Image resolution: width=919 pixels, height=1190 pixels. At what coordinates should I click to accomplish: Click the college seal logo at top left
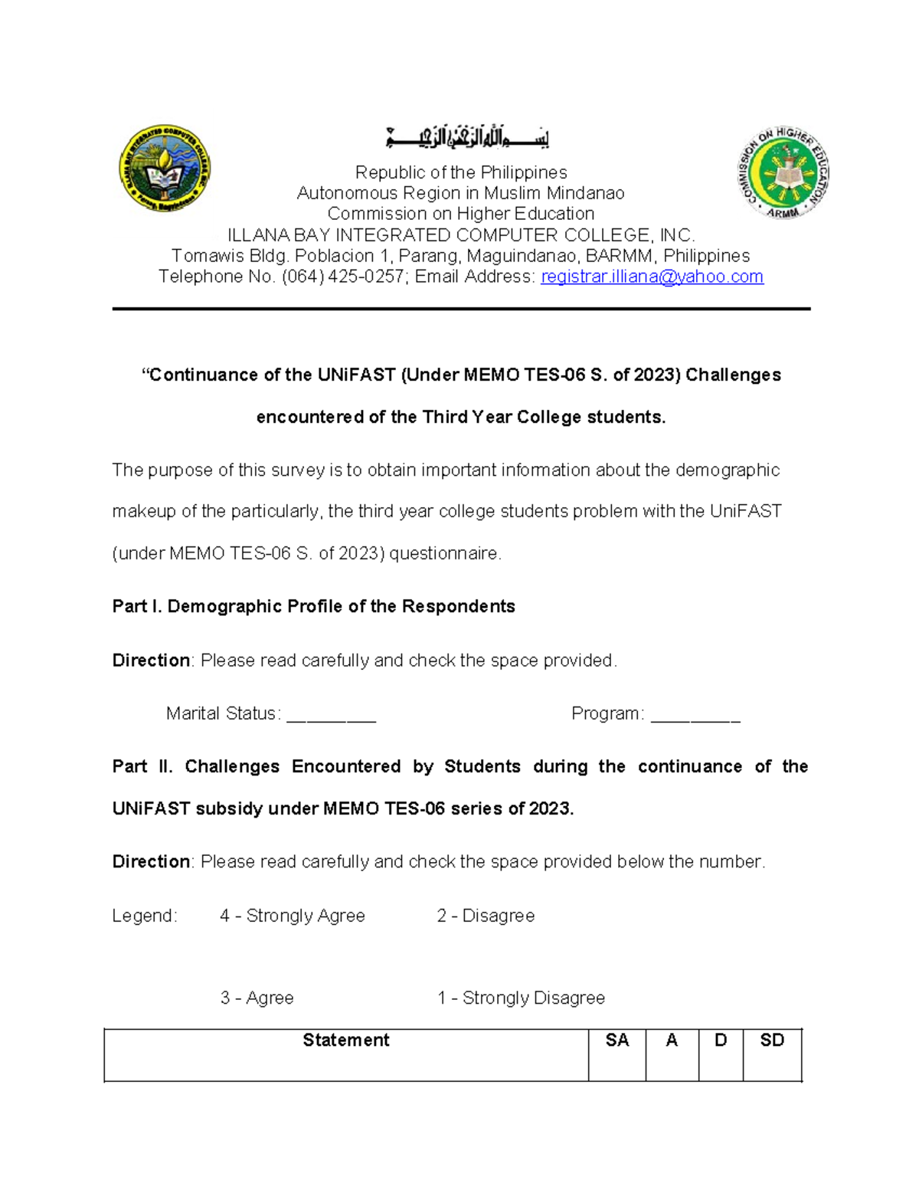coord(165,169)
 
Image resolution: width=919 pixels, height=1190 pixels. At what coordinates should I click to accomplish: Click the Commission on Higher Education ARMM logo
coord(783,173)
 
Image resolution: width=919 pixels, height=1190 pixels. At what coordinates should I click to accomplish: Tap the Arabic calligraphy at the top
coord(467,138)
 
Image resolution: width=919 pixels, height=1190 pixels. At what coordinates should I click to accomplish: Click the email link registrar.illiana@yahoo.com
coord(652,277)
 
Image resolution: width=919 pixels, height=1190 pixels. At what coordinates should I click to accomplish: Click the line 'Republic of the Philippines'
coord(460,172)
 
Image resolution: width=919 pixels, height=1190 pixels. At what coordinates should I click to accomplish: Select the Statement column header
coord(345,1040)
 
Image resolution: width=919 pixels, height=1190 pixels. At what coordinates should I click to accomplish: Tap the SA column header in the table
coord(616,1040)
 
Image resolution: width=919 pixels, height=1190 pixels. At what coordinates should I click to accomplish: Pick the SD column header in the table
coord(771,1040)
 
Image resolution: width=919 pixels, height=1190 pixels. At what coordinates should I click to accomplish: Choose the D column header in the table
coord(720,1040)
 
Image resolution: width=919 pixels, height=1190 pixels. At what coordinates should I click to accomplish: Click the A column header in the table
coord(672,1040)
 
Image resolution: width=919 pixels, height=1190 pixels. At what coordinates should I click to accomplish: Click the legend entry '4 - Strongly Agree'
coord(292,916)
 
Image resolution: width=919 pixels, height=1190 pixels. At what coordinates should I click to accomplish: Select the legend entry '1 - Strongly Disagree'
coord(521,998)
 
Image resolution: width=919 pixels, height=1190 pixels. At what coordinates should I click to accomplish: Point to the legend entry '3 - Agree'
coord(257,998)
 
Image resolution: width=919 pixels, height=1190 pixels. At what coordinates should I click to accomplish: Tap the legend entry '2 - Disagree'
coord(486,916)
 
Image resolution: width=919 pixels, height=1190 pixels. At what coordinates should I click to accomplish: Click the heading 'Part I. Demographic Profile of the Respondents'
coord(313,606)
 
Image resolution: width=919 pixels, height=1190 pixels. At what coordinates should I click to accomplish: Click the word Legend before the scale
coord(144,916)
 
